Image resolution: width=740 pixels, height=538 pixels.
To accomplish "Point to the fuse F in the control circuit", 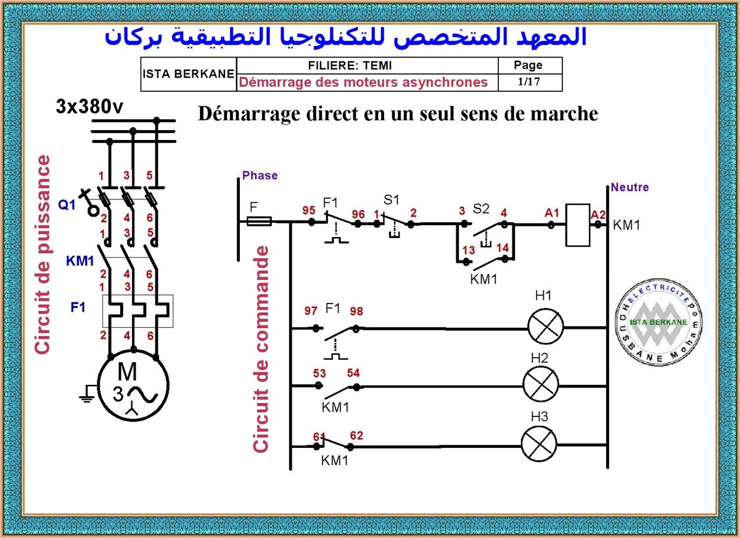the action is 260,220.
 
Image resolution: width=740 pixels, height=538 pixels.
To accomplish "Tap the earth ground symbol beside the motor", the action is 87,395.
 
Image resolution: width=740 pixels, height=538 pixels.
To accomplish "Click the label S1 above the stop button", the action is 391,200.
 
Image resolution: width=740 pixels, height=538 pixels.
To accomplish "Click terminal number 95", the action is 309,210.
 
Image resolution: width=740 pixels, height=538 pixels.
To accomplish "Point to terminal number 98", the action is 356,312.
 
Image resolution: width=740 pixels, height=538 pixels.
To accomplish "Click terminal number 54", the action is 353,373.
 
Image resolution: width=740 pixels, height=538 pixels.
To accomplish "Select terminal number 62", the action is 356,436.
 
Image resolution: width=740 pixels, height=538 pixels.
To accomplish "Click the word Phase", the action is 260,175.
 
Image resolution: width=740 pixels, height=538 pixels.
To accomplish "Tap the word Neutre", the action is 630,187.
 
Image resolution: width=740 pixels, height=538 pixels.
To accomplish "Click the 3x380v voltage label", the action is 89,106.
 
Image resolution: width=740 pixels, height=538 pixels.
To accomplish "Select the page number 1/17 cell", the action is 528,81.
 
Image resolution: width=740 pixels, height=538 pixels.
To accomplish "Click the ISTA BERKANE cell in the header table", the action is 188,73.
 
